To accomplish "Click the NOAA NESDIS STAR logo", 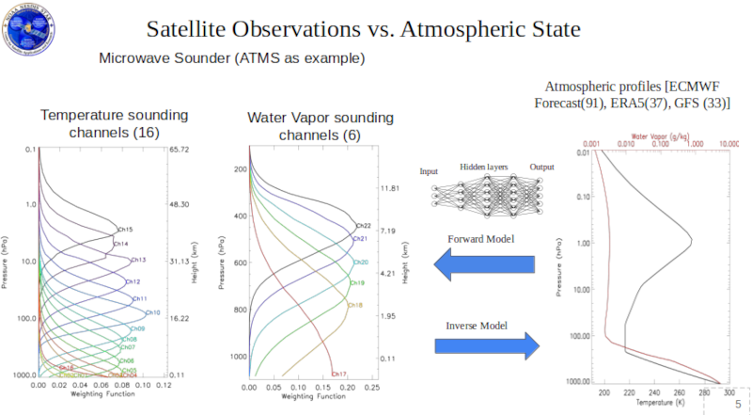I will pyautogui.click(x=29, y=27).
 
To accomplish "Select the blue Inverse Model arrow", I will pyautogui.click(x=487, y=343).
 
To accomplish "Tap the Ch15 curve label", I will pyautogui.click(x=125, y=229).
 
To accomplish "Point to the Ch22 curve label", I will pyautogui.click(x=363, y=225).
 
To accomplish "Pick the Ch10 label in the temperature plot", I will pyautogui.click(x=153, y=311).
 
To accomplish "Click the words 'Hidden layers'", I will pyautogui.click(x=483, y=167).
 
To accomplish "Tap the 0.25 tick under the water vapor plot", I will pyautogui.click(x=371, y=387).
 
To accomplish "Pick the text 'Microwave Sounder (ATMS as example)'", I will pyautogui.click(x=231, y=58).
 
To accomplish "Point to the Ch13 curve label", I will pyautogui.click(x=138, y=260).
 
